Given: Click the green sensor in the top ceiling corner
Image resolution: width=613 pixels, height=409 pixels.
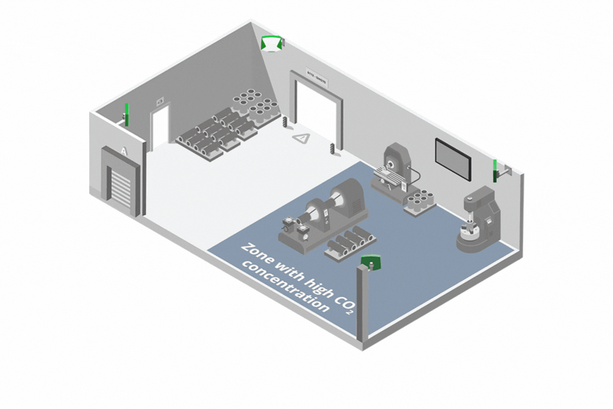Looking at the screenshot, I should click(271, 43).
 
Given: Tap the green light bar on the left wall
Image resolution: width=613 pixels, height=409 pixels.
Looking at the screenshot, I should click(127, 115).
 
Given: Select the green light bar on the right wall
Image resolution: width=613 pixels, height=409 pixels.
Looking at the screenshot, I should click(495, 171).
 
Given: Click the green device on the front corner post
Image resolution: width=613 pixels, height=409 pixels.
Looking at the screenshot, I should click(371, 261).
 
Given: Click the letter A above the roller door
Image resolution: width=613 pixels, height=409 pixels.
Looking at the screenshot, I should click(124, 151).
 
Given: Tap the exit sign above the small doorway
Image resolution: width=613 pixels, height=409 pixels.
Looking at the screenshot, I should click(160, 100).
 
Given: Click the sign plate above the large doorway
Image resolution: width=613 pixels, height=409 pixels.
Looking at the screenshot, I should click(317, 77).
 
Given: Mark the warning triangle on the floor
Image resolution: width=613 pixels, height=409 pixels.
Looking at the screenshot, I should click(302, 138).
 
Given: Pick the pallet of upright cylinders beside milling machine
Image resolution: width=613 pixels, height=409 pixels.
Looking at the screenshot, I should click(420, 202).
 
